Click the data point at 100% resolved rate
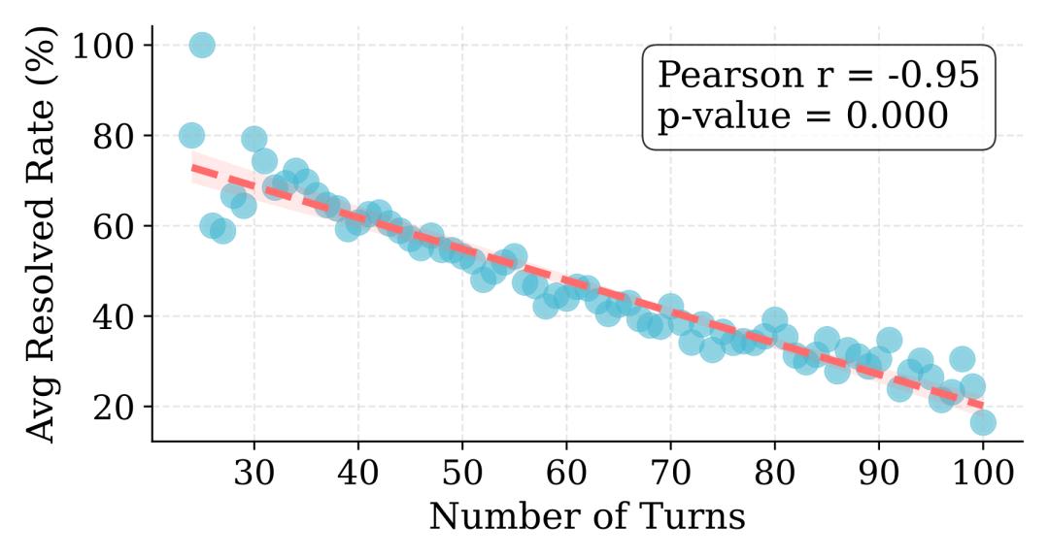tap(202, 45)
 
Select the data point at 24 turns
tap(191, 135)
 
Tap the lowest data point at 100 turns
tap(983, 422)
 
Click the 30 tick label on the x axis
tap(254, 477)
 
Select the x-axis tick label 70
tap(671, 477)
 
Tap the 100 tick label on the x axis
tap(983, 477)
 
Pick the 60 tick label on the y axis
tap(116, 226)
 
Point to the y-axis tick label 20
tap(116, 407)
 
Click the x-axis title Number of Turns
tap(587, 516)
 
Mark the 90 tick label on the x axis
tap(879, 477)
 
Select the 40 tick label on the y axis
tap(116, 316)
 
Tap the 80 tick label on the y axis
tap(116, 136)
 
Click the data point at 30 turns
tap(254, 139)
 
